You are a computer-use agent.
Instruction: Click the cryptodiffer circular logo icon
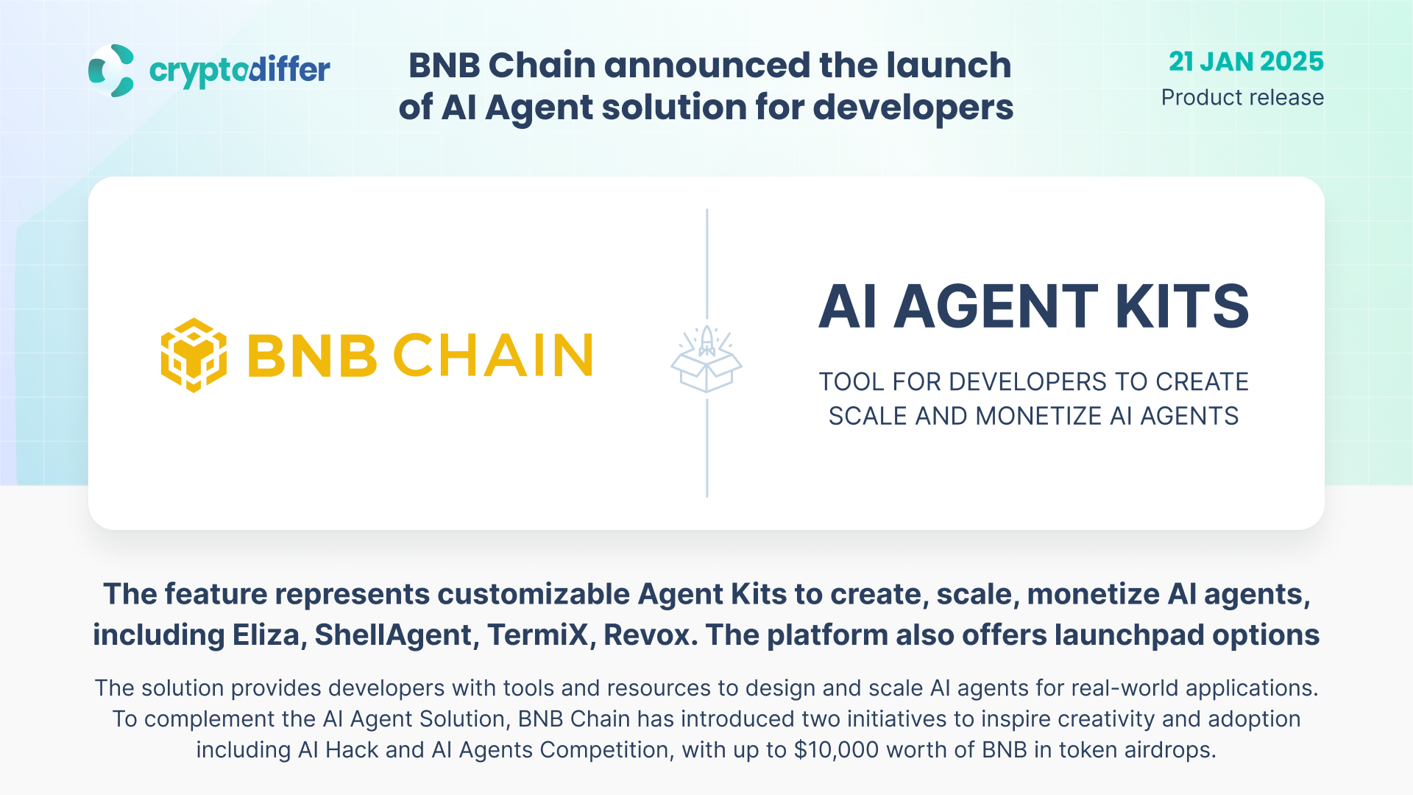click(111, 71)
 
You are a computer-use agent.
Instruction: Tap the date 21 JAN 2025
click(1246, 61)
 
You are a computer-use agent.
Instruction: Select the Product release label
click(1242, 97)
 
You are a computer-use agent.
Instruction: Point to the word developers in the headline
click(913, 107)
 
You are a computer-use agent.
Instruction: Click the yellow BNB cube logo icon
click(194, 355)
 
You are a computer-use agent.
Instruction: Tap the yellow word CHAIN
click(493, 355)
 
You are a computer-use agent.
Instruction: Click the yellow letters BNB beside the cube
click(312, 355)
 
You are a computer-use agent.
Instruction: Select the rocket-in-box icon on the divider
click(706, 359)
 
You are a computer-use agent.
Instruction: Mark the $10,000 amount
click(836, 750)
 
